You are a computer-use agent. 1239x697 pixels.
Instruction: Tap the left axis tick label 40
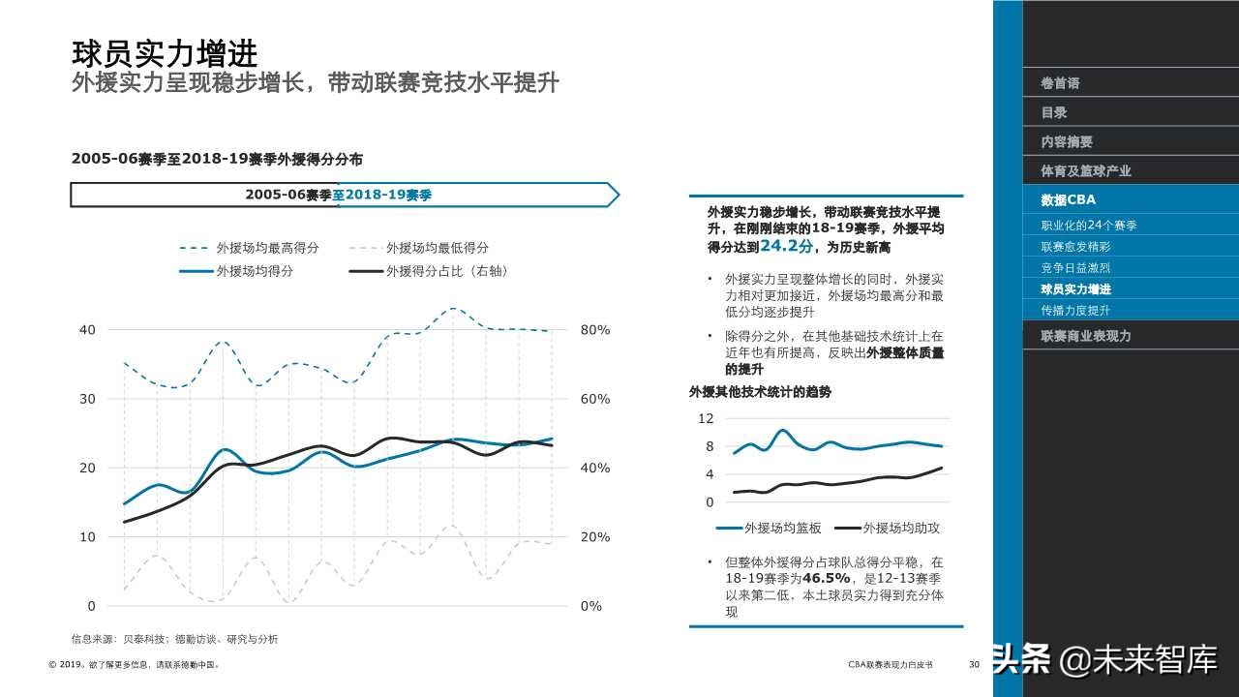point(88,330)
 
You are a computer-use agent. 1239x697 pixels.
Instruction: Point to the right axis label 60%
point(595,399)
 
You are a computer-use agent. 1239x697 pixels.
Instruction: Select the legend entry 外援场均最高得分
point(267,248)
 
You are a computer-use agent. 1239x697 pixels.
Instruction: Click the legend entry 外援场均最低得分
point(437,248)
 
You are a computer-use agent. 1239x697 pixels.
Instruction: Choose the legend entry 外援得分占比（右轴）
point(446,271)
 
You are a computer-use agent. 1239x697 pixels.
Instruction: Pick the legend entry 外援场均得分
point(255,271)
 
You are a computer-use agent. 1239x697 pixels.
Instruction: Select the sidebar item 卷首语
point(1060,83)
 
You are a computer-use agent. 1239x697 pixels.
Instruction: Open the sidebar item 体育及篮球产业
point(1085,170)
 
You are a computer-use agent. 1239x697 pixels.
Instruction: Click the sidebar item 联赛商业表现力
point(1085,336)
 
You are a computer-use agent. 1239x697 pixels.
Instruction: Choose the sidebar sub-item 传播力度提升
point(1074,311)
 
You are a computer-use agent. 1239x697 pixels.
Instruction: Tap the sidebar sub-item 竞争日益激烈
point(1074,268)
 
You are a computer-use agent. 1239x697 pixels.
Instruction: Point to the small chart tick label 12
point(706,418)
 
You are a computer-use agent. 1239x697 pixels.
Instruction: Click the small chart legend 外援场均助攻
point(900,528)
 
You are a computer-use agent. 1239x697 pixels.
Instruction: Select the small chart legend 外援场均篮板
point(782,528)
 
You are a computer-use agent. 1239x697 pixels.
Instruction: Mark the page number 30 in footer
point(974,665)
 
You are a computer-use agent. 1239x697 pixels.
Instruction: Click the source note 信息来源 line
point(174,639)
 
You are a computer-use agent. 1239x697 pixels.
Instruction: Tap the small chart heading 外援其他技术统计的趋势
point(760,392)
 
